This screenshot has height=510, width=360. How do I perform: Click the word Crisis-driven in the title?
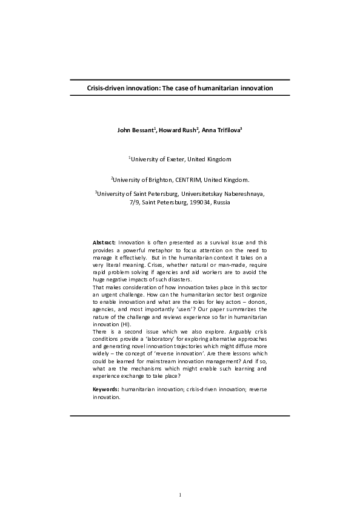click(107, 88)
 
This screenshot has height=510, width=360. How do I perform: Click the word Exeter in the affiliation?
click(175, 159)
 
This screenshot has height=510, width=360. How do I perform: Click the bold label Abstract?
click(104, 242)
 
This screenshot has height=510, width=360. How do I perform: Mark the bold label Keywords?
click(106, 389)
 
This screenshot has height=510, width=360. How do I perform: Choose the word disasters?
click(181, 279)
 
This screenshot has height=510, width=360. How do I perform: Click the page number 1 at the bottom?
click(181, 495)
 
